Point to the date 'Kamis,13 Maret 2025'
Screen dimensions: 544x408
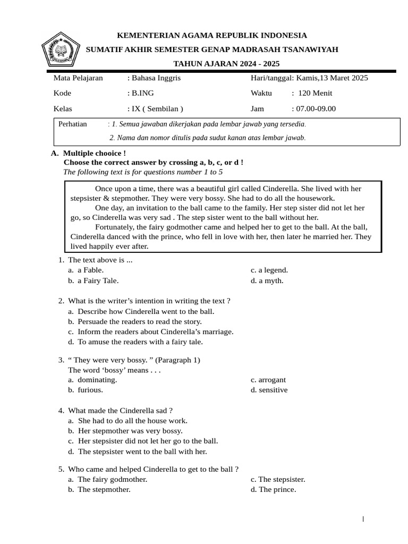331,78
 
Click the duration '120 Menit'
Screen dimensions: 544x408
315,93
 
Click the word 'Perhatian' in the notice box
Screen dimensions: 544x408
73,124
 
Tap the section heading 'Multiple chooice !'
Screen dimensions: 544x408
94,153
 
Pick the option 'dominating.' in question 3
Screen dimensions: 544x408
97,380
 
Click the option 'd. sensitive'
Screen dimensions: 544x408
269,390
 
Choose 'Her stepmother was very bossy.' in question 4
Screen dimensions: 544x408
130,431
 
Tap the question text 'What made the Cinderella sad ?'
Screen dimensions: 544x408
120,410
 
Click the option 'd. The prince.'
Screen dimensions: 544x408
273,489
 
